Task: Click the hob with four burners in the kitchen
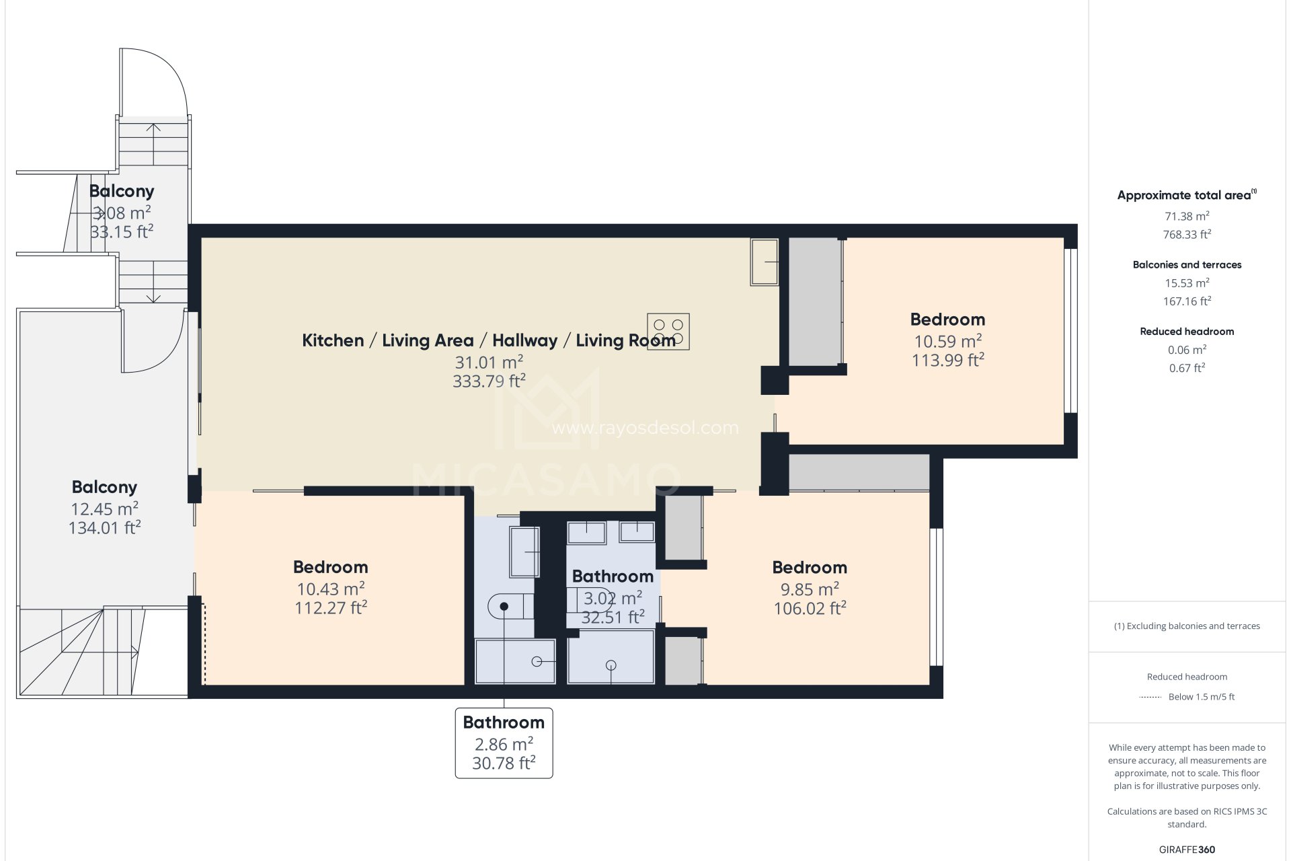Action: tap(668, 332)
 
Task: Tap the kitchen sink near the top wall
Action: tap(765, 261)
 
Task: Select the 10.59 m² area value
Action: tap(947, 341)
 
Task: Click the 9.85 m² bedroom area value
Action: tap(809, 589)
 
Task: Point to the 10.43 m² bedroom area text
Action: tap(330, 589)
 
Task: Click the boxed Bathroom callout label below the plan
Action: tap(504, 742)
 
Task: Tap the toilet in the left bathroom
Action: tap(508, 606)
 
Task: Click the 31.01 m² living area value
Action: tap(489, 363)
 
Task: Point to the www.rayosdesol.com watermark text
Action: tap(645, 428)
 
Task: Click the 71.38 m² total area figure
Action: tap(1187, 217)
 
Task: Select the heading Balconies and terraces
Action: tap(1187, 265)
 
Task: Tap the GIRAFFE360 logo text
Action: tap(1187, 850)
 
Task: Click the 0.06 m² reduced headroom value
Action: tap(1187, 350)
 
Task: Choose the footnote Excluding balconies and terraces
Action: tap(1187, 626)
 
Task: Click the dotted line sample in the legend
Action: tap(1150, 698)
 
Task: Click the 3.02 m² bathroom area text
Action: tap(612, 598)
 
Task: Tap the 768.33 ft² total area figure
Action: tap(1187, 235)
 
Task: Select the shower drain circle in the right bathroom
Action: tap(611, 665)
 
